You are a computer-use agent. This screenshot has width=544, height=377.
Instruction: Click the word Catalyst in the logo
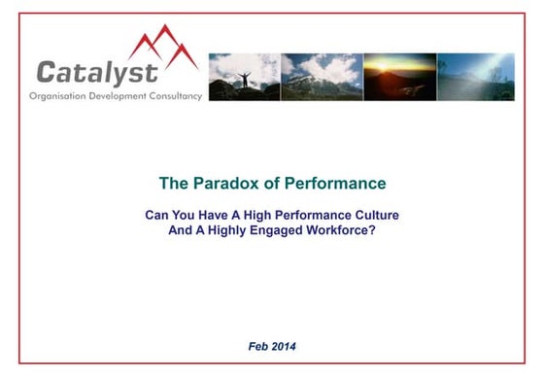click(97, 71)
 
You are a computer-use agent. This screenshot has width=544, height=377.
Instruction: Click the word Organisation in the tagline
click(58, 95)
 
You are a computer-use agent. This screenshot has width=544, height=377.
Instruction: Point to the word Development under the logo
click(118, 95)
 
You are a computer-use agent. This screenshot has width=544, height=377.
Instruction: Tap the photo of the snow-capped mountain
click(322, 77)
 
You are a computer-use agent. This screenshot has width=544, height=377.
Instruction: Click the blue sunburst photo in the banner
click(475, 77)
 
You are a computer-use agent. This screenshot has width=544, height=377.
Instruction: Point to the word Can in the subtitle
click(158, 215)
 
